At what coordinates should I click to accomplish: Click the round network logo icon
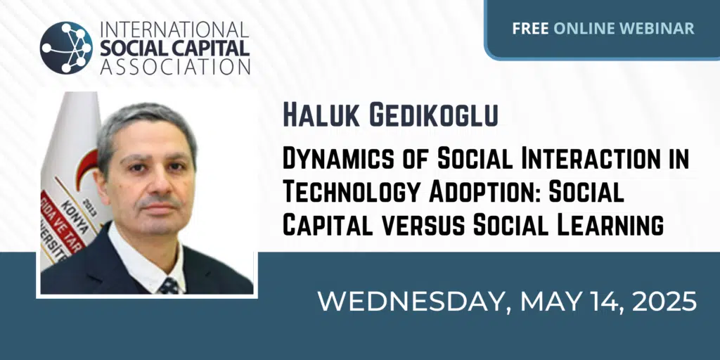tap(66, 48)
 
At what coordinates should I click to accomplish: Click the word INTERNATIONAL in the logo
tap(174, 30)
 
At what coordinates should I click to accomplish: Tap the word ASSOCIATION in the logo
tap(175, 66)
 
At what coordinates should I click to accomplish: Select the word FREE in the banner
tap(530, 28)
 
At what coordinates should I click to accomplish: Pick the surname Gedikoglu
tap(434, 116)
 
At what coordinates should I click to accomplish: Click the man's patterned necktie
tap(169, 285)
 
